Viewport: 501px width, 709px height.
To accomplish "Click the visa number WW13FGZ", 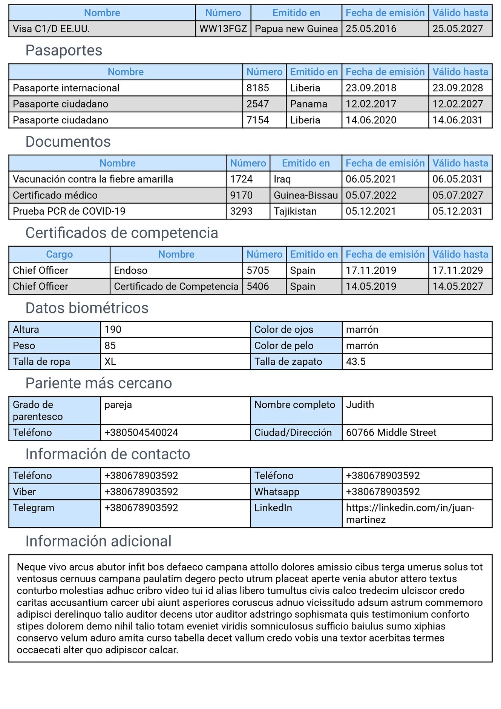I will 223,29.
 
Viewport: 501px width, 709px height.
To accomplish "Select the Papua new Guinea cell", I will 296,29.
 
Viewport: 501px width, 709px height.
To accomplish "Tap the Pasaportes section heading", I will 64,51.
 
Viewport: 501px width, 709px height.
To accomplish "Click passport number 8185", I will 258,88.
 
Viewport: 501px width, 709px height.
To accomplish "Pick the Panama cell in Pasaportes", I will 309,104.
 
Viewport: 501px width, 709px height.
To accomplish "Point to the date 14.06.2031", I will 458,120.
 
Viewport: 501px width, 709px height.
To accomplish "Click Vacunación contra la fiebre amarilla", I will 93,179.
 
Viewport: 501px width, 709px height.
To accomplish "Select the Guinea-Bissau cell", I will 306,195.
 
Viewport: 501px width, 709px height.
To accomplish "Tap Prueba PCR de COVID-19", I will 69,211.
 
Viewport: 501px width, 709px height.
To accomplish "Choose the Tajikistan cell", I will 295,211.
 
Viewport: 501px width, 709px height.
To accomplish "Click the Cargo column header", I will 60,255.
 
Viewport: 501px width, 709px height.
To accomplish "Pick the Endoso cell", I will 131,270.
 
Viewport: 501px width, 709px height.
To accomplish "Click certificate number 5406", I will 258,287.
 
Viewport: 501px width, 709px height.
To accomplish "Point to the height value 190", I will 113,330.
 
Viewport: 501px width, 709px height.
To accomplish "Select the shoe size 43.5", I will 356,362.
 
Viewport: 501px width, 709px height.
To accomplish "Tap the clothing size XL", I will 110,362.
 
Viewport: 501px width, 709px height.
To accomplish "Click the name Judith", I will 360,405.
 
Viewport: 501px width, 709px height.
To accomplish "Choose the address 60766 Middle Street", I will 391,433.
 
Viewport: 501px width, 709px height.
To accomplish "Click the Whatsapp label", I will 277,492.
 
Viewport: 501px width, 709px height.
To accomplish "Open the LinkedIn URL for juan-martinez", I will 410,514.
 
